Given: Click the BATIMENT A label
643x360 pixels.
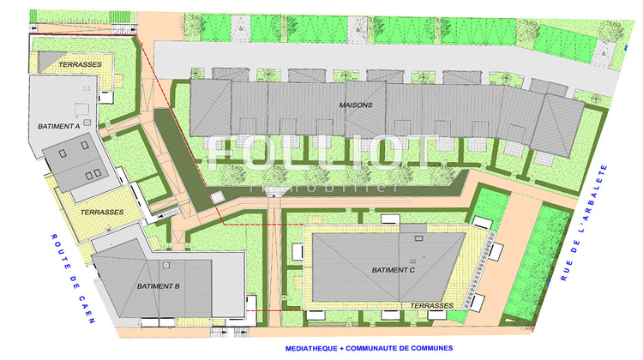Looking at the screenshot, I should tap(59, 126).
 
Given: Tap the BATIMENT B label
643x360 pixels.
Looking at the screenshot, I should tap(158, 286).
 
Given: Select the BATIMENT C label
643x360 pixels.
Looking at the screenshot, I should tap(394, 271).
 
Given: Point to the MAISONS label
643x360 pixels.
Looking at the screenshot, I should tap(356, 105).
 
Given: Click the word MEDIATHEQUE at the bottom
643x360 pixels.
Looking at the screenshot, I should tap(319, 350).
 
